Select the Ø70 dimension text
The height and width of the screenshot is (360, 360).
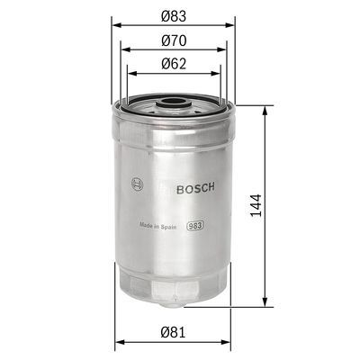tap(174, 40)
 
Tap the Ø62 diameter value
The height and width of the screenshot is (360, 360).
tap(174, 64)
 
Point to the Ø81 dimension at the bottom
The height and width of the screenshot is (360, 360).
tap(174, 331)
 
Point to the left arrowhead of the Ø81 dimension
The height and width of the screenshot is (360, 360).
tap(118, 340)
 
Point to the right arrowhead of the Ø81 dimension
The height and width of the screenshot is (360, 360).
tap(231, 340)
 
